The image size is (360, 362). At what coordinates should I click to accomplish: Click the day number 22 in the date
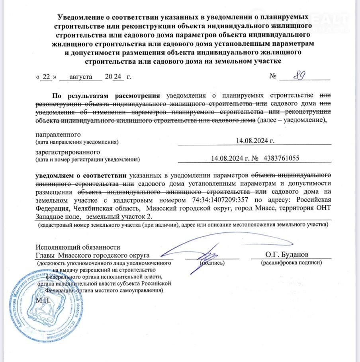pos(47,76)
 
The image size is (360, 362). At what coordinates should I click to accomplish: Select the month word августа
pos(80,76)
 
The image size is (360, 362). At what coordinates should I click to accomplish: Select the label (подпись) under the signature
pos(212,263)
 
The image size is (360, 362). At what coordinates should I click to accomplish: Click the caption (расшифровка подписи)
pos(291,263)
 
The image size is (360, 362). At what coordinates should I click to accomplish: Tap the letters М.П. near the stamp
pos(43,299)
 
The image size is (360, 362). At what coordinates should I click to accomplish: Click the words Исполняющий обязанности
pos(78,247)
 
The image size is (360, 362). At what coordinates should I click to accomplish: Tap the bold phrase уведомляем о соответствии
pos(81,175)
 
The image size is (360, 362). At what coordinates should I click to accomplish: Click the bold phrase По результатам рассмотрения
pos(106,95)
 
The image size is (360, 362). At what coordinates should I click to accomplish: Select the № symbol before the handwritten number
pos(273,76)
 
